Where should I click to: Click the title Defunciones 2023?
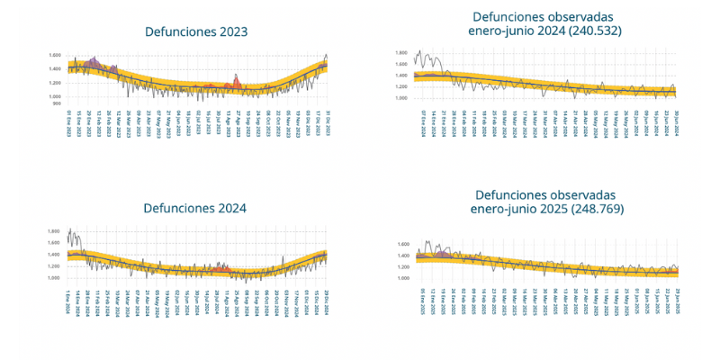(x=196, y=31)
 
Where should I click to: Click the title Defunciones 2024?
(x=195, y=209)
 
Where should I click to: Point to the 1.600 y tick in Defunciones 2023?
(x=55, y=55)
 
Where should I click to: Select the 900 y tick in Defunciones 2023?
(x=57, y=103)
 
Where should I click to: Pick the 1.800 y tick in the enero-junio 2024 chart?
(x=401, y=53)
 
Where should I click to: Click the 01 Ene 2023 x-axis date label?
(x=69, y=120)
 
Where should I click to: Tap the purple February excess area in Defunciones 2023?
(x=94, y=63)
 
